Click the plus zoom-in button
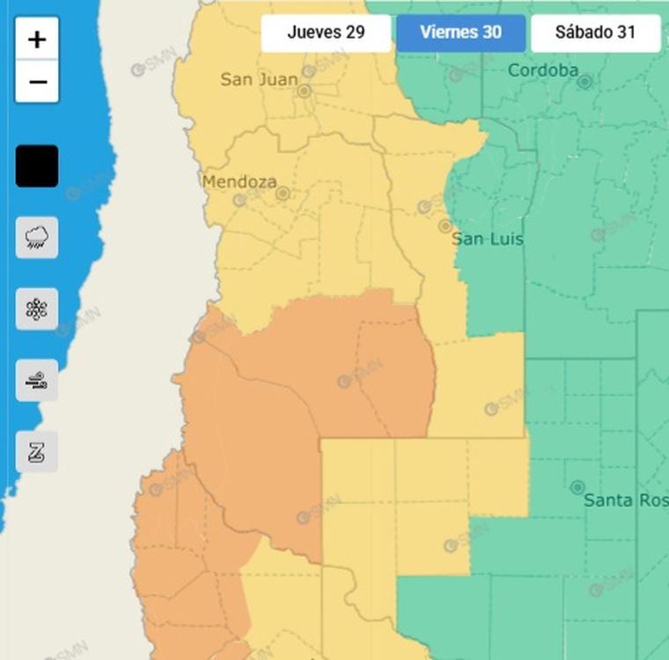(x=37, y=39)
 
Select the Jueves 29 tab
(x=326, y=33)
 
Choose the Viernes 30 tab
(x=460, y=33)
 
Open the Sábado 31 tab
(x=595, y=33)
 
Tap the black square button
(x=37, y=166)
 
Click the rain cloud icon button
(x=37, y=238)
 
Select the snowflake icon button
(x=37, y=309)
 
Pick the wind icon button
(x=37, y=381)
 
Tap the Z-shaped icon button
(x=37, y=452)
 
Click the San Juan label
(x=259, y=79)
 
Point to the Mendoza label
(x=239, y=182)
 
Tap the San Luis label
(x=487, y=239)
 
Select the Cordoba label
(x=543, y=70)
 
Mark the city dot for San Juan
(x=304, y=91)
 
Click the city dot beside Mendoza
(x=283, y=193)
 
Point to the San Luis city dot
(x=445, y=226)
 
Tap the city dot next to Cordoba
(x=584, y=82)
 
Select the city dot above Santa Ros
(x=577, y=487)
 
